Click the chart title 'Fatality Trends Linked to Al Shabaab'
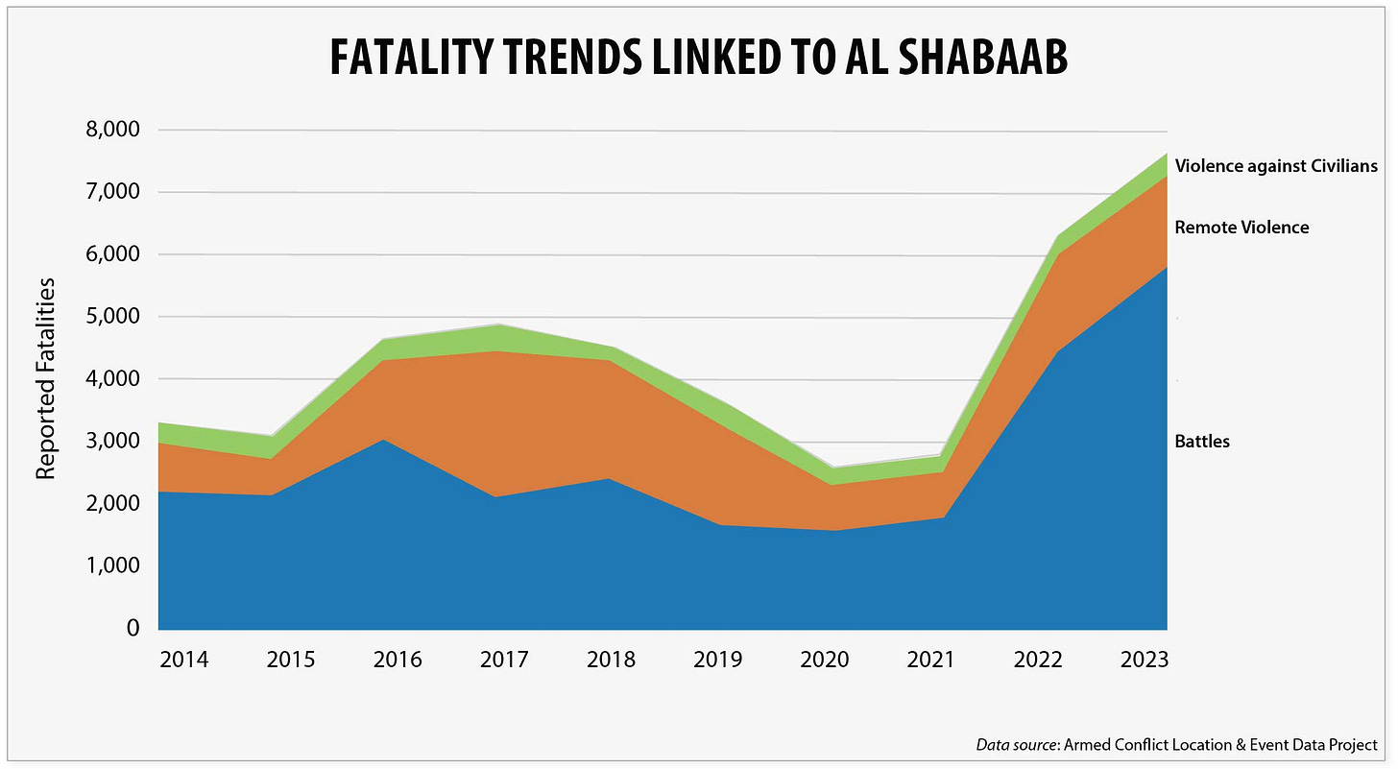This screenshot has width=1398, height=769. (x=698, y=58)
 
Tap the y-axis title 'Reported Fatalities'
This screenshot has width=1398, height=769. (x=45, y=378)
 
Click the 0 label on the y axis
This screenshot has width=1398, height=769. (x=133, y=628)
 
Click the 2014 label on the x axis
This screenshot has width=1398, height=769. (x=183, y=660)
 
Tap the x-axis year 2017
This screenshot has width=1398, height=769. (x=504, y=660)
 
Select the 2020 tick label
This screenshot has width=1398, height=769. (x=825, y=660)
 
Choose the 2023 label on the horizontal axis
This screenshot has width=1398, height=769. (x=1145, y=660)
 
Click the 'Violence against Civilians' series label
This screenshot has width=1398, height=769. (x=1276, y=166)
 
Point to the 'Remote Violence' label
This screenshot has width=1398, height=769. (x=1241, y=228)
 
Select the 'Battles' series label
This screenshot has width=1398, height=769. (x=1202, y=442)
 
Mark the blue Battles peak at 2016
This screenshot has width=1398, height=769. (x=381, y=440)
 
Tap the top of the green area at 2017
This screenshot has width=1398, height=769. (x=504, y=324)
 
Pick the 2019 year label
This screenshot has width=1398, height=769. (x=718, y=660)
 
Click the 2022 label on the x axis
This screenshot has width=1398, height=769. (x=1038, y=660)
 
